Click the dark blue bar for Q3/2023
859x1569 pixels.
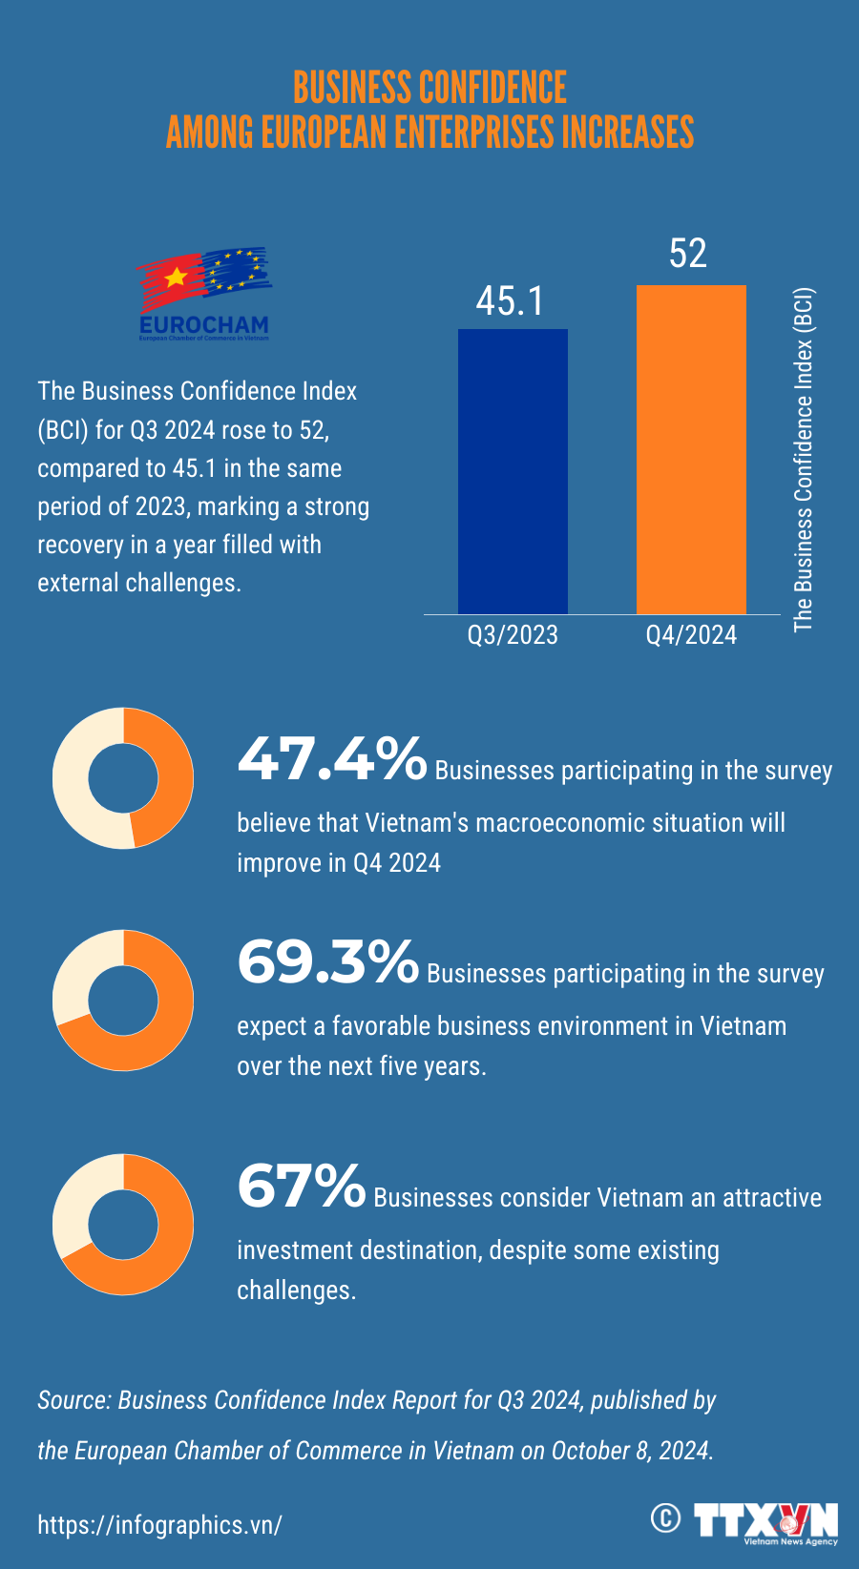[x=513, y=471]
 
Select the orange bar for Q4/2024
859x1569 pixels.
[x=691, y=449]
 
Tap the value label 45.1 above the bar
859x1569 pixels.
[x=511, y=301]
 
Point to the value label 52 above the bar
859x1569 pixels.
[x=688, y=254]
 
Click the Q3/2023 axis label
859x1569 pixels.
[x=513, y=635]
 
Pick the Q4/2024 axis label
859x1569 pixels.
[x=691, y=635]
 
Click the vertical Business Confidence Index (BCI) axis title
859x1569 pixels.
[x=804, y=460]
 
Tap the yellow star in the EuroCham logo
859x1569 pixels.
[x=176, y=277]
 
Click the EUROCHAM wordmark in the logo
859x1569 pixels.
[x=203, y=324]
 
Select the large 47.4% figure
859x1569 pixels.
[x=331, y=760]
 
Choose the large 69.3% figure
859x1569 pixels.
[x=327, y=962]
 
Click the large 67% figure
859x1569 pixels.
[x=301, y=1187]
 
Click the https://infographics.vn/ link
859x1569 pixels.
[x=159, y=1524]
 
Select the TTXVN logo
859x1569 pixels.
[x=765, y=1521]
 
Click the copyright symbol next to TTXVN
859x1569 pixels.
[x=665, y=1517]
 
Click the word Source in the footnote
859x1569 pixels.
[x=73, y=1400]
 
